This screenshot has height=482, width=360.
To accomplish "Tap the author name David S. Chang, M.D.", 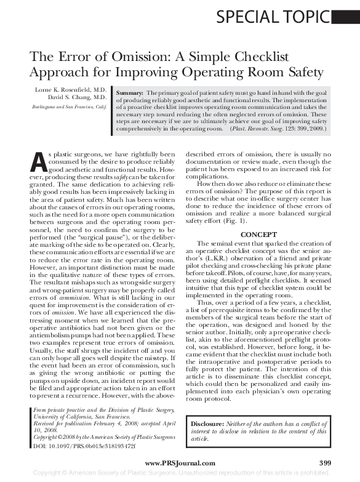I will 82,97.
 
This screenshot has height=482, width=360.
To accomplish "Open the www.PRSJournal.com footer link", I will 179,463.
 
